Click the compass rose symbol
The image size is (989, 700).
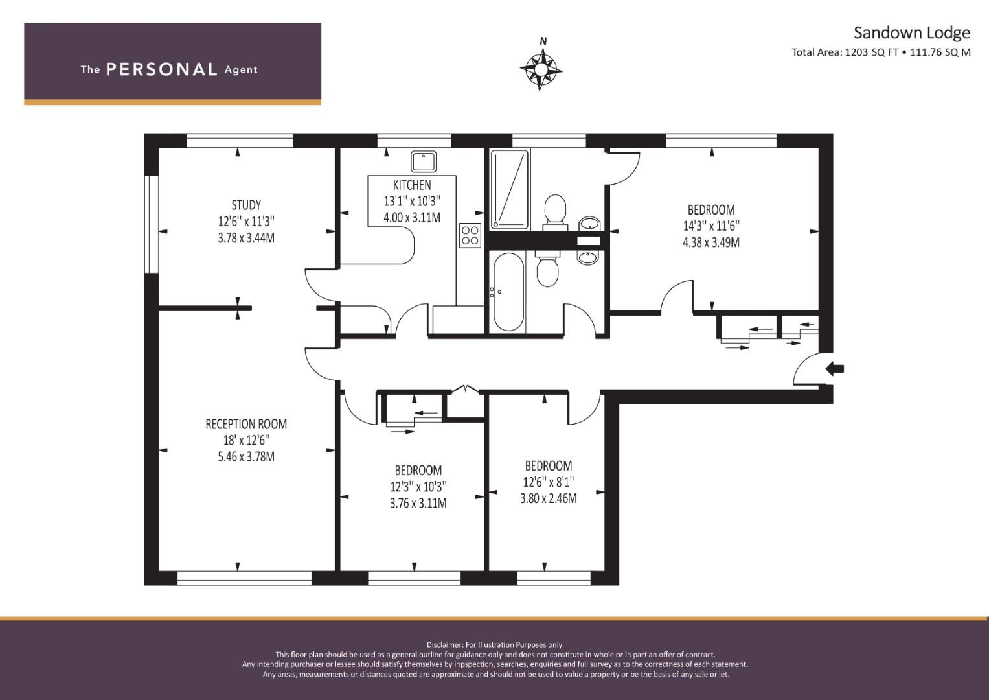pyautogui.click(x=541, y=67)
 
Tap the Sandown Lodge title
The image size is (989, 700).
pyautogui.click(x=911, y=32)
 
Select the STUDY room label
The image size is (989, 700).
pyautogui.click(x=246, y=205)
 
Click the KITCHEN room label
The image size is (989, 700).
pyautogui.click(x=412, y=185)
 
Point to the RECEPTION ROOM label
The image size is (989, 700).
pyautogui.click(x=246, y=424)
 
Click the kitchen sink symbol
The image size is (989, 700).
pyautogui.click(x=423, y=160)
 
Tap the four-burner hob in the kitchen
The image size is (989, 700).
pyautogui.click(x=470, y=235)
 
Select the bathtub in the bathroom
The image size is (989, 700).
pyautogui.click(x=508, y=292)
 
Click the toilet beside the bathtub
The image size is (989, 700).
pyautogui.click(x=547, y=269)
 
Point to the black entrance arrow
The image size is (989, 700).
pyautogui.click(x=835, y=369)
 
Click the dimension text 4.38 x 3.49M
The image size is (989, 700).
pyautogui.click(x=711, y=242)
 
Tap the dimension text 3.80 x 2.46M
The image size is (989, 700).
pyautogui.click(x=548, y=498)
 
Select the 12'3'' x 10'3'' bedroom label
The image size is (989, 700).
pyautogui.click(x=418, y=486)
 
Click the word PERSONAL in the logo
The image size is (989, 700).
pyautogui.click(x=161, y=69)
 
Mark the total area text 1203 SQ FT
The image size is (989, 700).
pyautogui.click(x=871, y=52)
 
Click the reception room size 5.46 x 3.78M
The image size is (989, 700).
pyautogui.click(x=246, y=456)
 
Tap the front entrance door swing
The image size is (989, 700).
pyautogui.click(x=806, y=370)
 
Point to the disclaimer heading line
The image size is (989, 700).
pyautogui.click(x=494, y=644)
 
